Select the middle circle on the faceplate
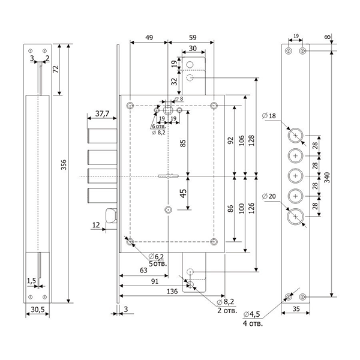(295, 175)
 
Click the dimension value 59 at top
(190, 37)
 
